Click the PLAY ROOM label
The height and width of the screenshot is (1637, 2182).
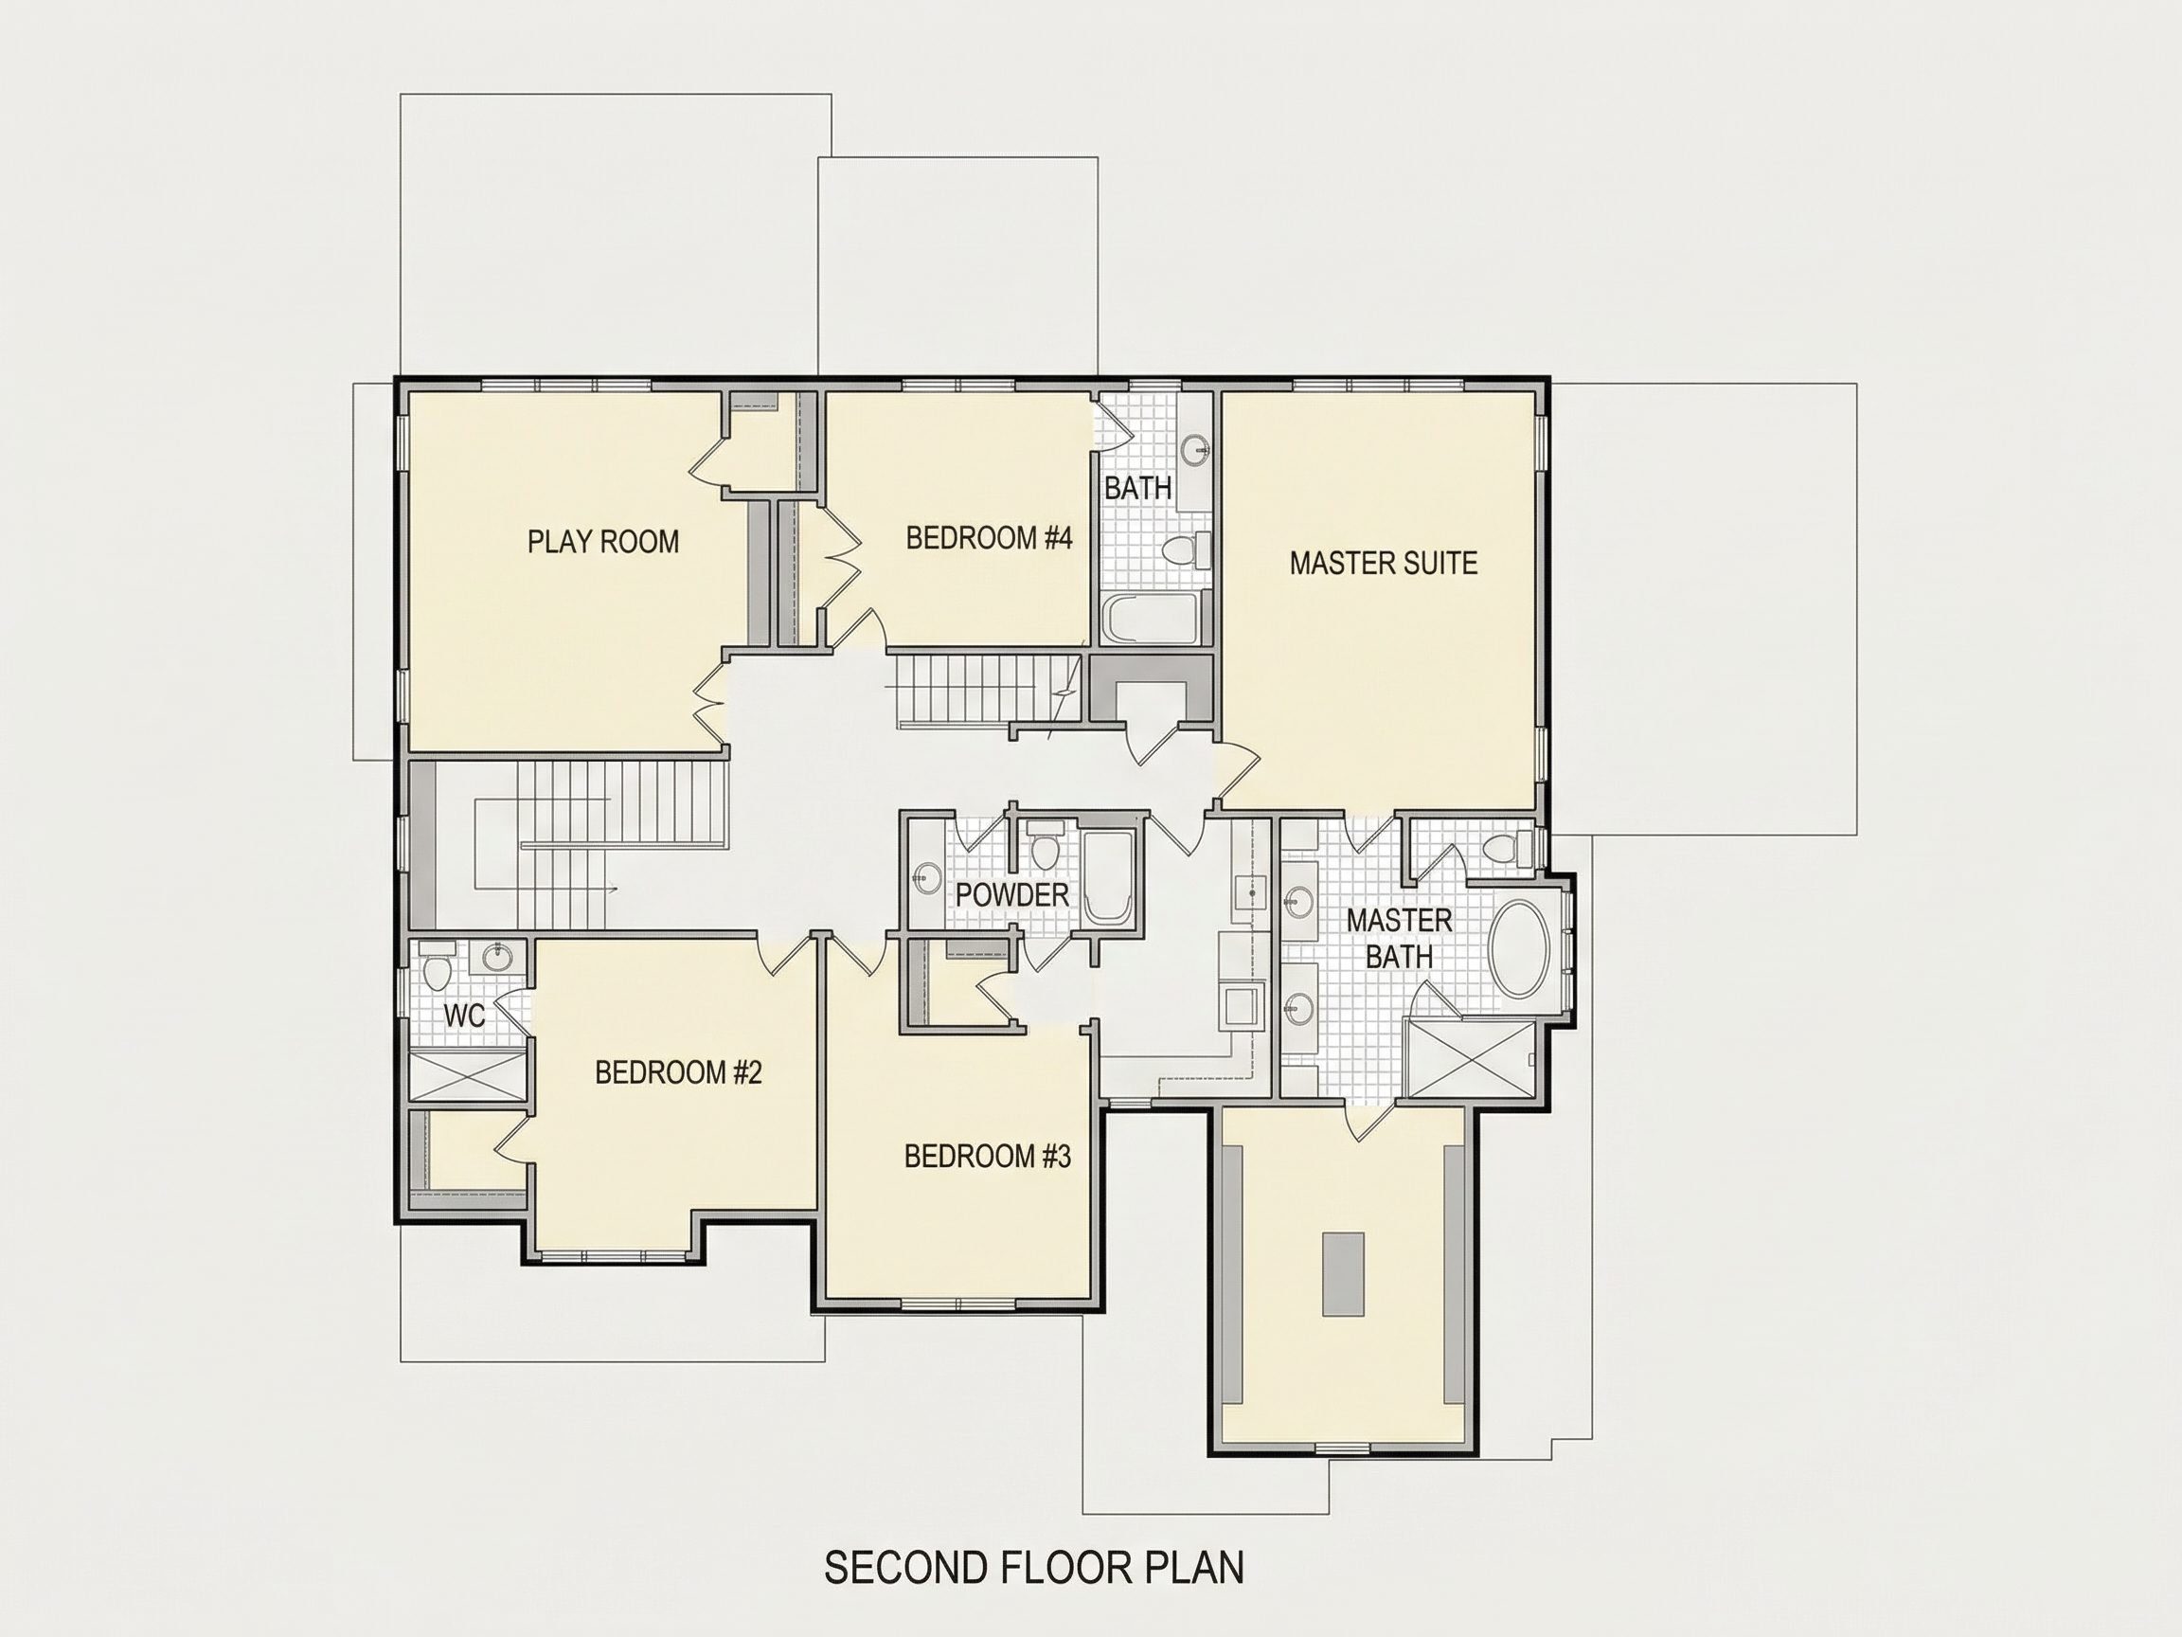coord(602,542)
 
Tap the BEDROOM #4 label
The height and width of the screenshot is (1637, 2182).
coord(989,538)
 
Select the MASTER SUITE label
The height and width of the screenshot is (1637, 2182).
coord(1383,564)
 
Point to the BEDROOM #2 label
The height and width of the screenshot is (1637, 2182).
coord(679,1072)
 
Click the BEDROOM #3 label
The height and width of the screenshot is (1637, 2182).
coord(988,1157)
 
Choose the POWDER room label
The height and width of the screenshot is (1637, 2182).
coord(1012,895)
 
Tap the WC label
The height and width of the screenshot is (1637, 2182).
coord(464,1016)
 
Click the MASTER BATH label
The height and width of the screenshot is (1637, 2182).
coord(1399,939)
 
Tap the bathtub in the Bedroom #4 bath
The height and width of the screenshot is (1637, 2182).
coord(1150,618)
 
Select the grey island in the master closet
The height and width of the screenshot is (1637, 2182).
coord(1343,1273)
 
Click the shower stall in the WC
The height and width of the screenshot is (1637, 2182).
coord(468,1075)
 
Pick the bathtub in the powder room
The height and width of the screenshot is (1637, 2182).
coord(1109,876)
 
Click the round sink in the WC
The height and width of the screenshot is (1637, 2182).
coord(498,955)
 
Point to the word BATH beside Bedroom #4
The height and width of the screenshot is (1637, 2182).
coord(1137,488)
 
